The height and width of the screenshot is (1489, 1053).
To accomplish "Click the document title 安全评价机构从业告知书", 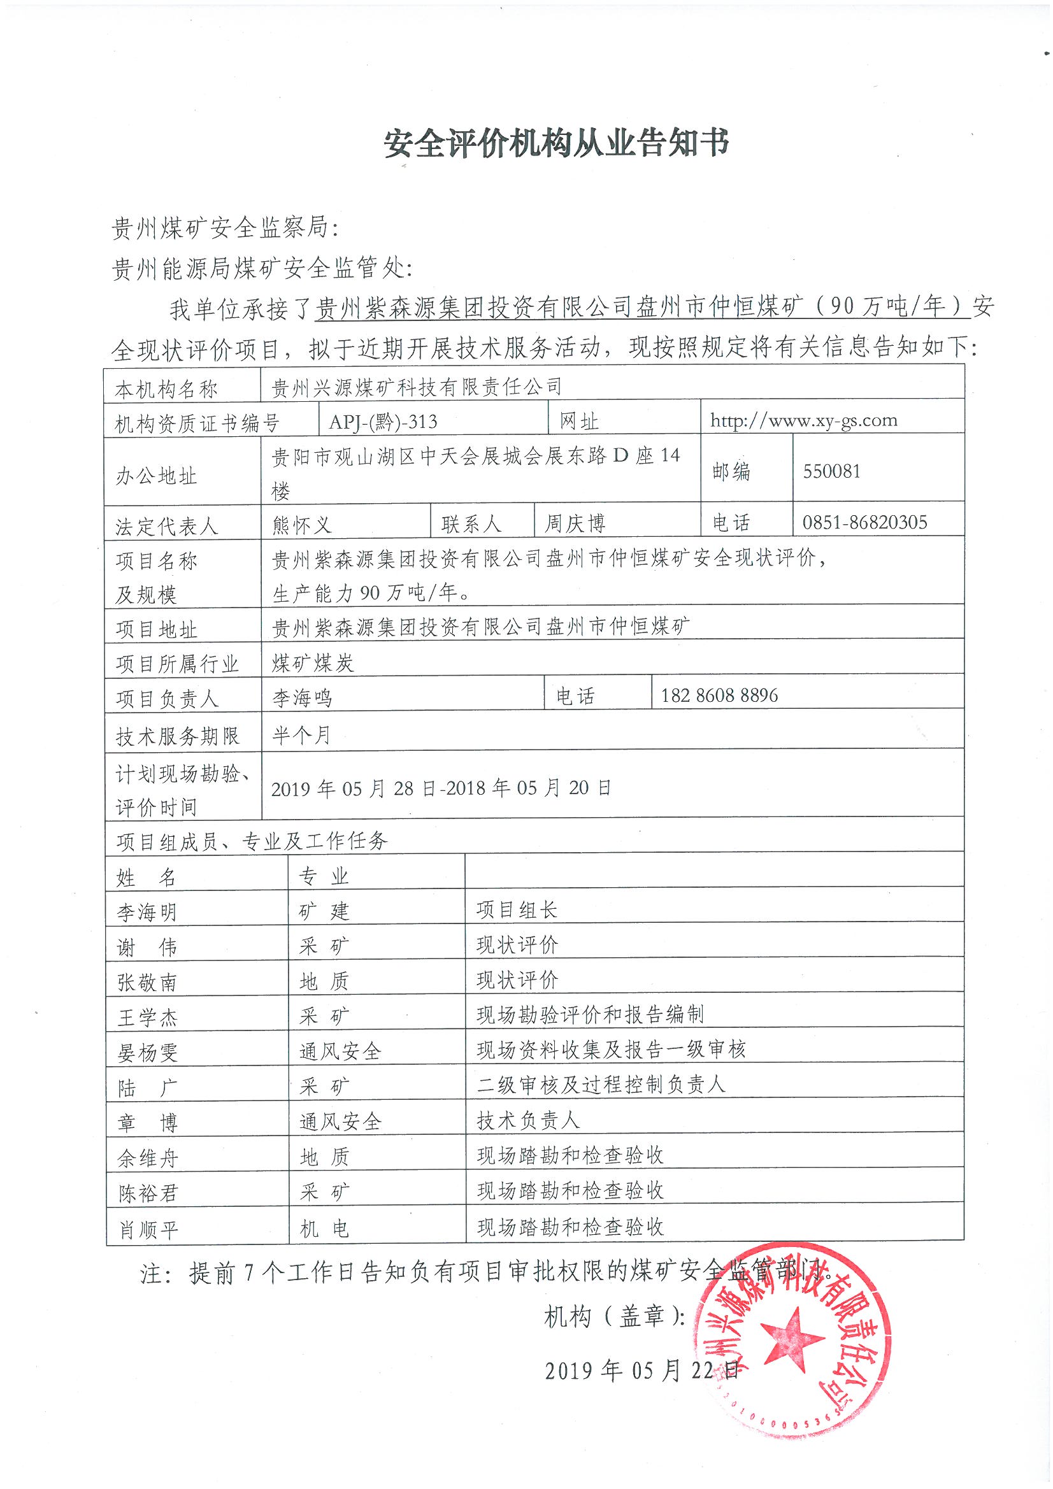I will click(x=557, y=143).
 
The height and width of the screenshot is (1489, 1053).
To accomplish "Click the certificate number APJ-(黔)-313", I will click(x=383, y=422).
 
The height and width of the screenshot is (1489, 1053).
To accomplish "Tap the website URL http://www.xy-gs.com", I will click(x=803, y=421).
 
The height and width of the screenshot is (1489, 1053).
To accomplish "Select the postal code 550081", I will click(x=831, y=471).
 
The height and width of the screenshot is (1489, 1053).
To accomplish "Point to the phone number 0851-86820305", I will click(x=865, y=523).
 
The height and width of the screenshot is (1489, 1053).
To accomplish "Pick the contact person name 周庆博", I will click(x=575, y=524).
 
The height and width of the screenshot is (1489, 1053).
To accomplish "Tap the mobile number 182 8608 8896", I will click(x=719, y=696).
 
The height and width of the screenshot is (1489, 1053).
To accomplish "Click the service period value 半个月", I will click(x=301, y=735).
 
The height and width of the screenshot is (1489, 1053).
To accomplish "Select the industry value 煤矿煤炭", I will click(x=313, y=663).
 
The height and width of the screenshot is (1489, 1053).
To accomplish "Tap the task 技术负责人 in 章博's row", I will click(x=527, y=1120).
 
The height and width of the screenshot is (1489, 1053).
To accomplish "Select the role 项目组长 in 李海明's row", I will click(x=517, y=910).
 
